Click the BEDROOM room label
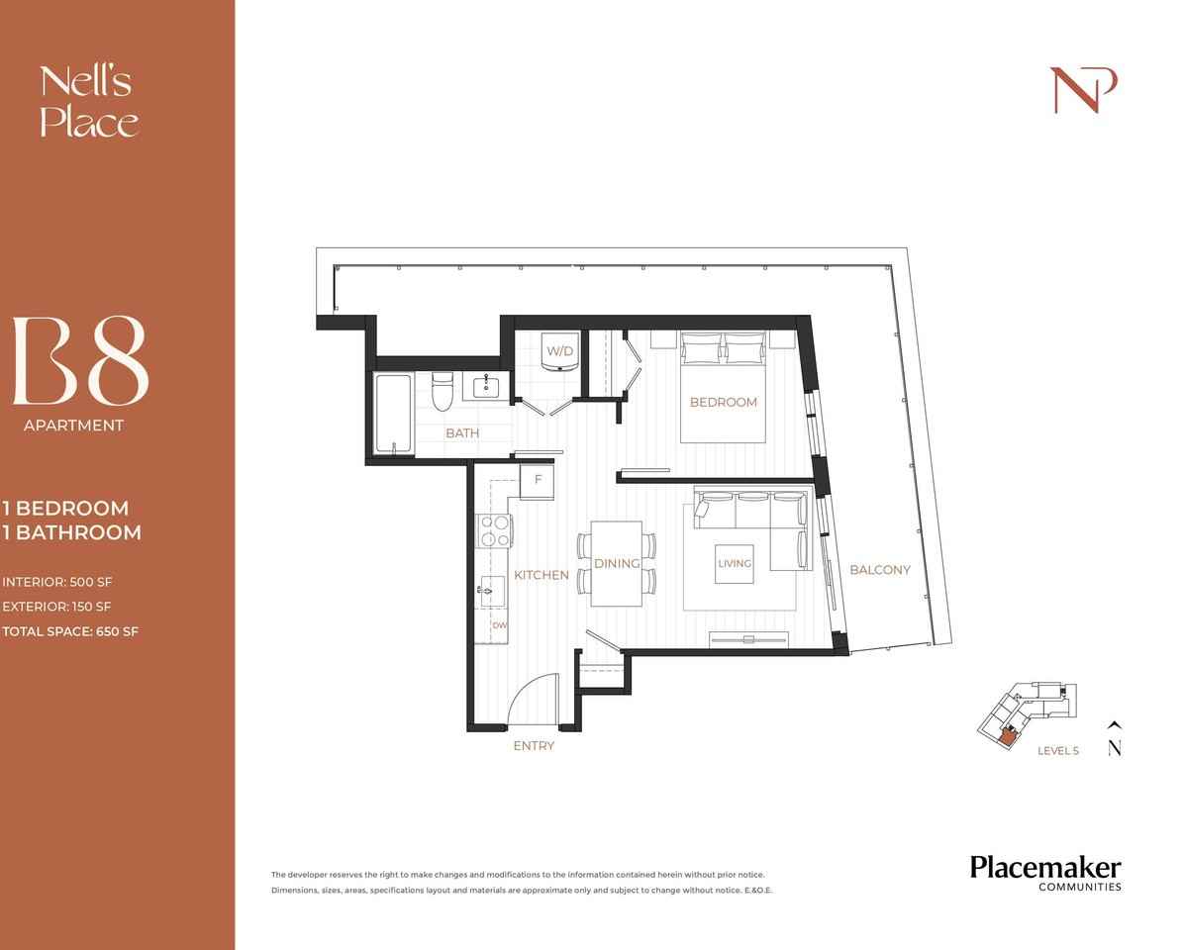[x=723, y=402]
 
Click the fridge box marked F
[x=538, y=480]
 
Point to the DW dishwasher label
[x=499, y=625]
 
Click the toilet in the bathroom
[x=443, y=393]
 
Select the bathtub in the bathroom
[x=393, y=415]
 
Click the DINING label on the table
[x=617, y=563]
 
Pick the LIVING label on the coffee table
[x=735, y=563]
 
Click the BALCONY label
[x=879, y=569]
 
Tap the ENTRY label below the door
[x=534, y=746]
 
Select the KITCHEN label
[x=541, y=575]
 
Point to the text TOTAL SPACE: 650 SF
[x=70, y=631]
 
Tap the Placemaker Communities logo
[x=1044, y=872]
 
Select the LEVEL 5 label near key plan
[x=1057, y=751]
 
